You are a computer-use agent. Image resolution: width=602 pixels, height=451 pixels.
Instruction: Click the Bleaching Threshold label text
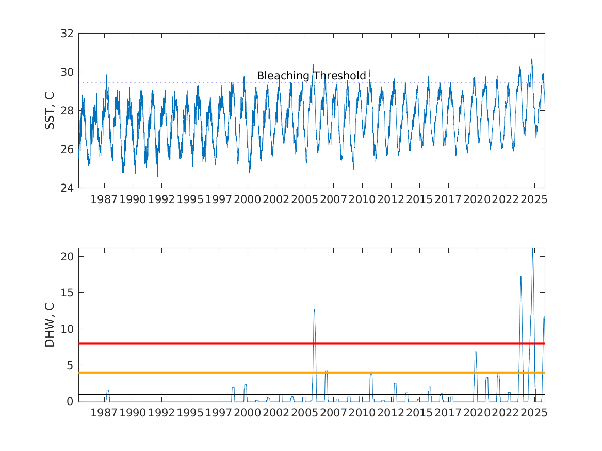click(311, 76)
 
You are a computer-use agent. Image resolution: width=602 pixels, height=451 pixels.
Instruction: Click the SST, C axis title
click(50, 110)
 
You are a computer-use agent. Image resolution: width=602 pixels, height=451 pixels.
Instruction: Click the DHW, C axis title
click(50, 325)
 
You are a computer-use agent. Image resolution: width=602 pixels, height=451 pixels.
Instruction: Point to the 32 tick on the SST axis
click(68, 34)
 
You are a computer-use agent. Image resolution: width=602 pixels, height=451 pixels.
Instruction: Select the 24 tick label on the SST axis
click(68, 188)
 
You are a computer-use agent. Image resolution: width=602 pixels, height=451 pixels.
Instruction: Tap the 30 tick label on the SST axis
click(68, 72)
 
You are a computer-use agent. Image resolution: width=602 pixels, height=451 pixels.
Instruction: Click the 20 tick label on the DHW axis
click(68, 256)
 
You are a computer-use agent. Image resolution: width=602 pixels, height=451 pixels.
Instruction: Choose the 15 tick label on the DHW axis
click(68, 293)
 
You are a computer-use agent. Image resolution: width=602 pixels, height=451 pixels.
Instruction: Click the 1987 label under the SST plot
click(104, 199)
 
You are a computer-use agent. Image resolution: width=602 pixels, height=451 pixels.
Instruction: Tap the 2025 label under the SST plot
click(533, 199)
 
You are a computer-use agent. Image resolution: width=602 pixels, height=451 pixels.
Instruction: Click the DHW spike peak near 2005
click(314, 310)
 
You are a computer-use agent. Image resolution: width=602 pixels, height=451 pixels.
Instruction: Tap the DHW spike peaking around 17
click(520, 277)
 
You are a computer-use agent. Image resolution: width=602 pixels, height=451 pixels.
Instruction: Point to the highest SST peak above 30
click(531, 60)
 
